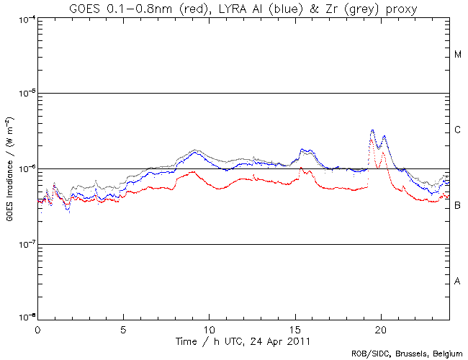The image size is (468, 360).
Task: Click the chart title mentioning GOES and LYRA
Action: click(x=243, y=8)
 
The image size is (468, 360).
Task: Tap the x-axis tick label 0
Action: click(x=37, y=328)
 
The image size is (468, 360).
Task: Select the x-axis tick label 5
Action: click(x=123, y=328)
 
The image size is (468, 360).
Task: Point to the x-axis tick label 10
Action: click(x=209, y=328)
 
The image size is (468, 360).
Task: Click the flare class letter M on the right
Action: click(x=457, y=55)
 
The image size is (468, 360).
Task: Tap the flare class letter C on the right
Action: click(x=457, y=130)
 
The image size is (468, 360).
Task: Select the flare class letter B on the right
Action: click(x=457, y=206)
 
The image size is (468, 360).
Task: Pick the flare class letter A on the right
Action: click(x=457, y=282)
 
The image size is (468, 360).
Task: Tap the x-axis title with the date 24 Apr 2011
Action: click(x=243, y=339)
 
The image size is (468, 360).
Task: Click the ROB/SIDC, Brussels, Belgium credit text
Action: click(x=408, y=354)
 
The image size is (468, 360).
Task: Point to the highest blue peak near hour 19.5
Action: click(x=372, y=130)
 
